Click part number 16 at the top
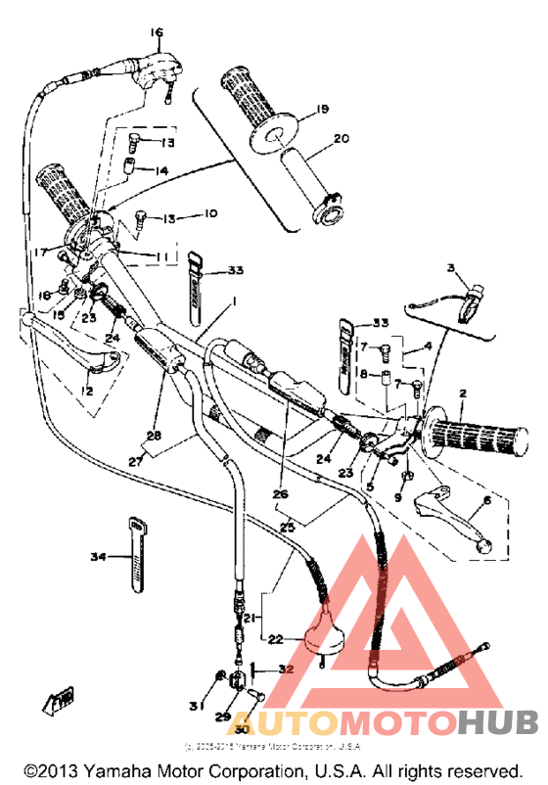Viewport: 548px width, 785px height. (155, 33)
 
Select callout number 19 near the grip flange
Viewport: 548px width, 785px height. (295, 111)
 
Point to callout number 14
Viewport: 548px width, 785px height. (161, 169)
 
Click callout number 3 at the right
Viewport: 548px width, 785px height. (451, 267)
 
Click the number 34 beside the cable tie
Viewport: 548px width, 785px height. (97, 558)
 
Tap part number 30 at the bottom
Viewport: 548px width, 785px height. (240, 729)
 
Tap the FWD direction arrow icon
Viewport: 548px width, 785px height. (57, 701)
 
